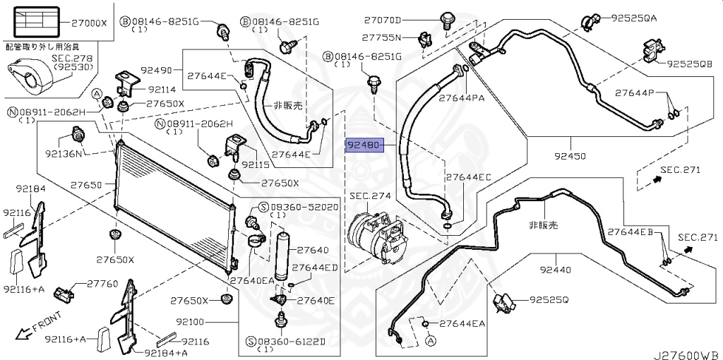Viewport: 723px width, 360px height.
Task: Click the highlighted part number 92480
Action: (364, 146)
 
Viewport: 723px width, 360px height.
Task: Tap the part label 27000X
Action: (89, 23)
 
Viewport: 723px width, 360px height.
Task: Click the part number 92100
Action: (190, 322)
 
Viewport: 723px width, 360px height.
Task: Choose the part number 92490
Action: (156, 71)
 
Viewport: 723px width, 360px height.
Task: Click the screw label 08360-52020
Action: (304, 207)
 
